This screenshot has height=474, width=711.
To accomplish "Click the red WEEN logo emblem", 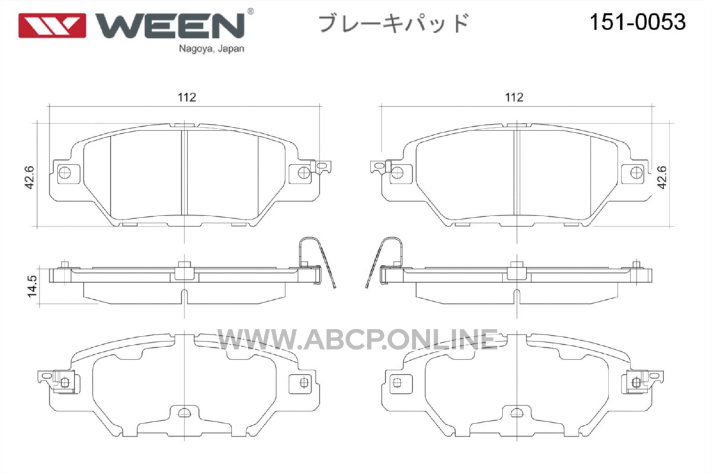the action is (52, 25).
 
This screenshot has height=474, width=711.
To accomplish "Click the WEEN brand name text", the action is (170, 25).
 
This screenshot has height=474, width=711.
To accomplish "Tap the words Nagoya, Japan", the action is (212, 49).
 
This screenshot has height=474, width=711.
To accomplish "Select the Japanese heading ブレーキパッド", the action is (393, 23).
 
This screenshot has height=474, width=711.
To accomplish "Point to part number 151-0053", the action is (638, 23).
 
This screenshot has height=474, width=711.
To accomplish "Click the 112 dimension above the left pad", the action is (187, 97).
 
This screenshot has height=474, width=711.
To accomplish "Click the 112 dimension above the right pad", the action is (514, 97).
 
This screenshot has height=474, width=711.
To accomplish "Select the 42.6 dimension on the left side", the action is (30, 177).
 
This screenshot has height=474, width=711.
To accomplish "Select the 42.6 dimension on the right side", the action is (662, 177).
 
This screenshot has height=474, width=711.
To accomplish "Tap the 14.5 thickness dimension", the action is (32, 286).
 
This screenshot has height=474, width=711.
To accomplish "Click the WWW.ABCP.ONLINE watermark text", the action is (357, 339).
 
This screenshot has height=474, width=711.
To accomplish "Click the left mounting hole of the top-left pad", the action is (65, 173).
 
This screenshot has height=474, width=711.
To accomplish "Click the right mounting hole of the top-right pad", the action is (636, 173).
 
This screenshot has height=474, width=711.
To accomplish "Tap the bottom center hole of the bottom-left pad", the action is (184, 413).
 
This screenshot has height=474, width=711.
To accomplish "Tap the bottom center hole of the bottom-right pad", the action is (517, 413).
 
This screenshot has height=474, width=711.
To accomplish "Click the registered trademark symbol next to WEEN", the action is (250, 12).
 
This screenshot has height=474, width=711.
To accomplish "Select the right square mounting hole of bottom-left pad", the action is (304, 382).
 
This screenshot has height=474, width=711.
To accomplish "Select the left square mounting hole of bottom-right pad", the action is (397, 383).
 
